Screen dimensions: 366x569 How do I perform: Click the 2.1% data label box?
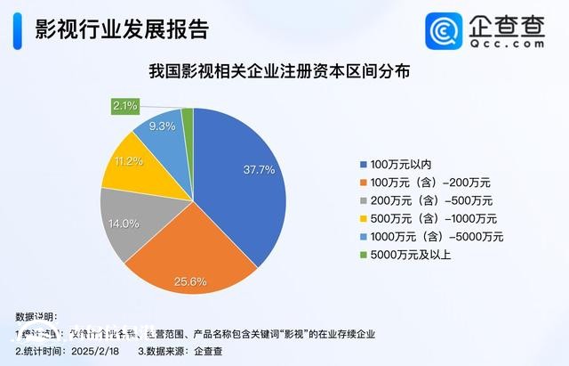[x=124, y=106]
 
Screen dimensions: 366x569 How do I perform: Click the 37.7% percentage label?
[x=259, y=169]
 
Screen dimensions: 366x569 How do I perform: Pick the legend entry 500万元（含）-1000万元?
[x=431, y=218]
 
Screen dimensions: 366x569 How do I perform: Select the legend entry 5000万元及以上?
[x=410, y=255]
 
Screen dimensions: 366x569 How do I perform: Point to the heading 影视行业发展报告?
[x=119, y=29]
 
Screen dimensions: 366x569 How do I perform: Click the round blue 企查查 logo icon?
[x=444, y=32]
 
